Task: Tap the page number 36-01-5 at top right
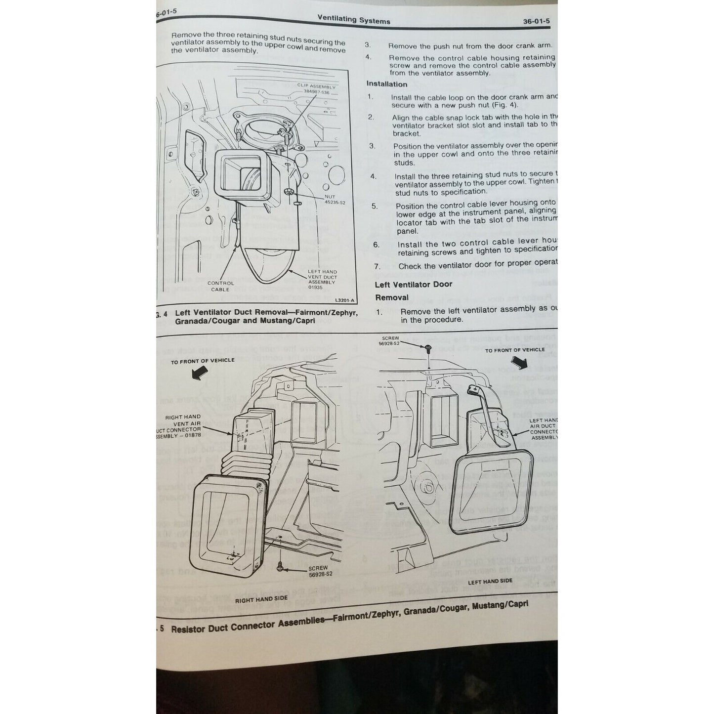coord(536,21)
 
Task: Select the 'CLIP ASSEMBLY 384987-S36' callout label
coord(316,89)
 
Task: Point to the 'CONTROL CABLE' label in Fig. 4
coord(220,286)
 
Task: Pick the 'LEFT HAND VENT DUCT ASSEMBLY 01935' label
coord(322,280)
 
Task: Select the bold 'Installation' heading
coord(387,84)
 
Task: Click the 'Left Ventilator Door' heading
coord(414,284)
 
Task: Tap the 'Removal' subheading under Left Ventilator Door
coord(392,297)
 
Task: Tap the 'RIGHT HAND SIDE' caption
coord(261,600)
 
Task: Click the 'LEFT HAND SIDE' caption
coord(490,581)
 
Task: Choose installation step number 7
coord(377,266)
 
